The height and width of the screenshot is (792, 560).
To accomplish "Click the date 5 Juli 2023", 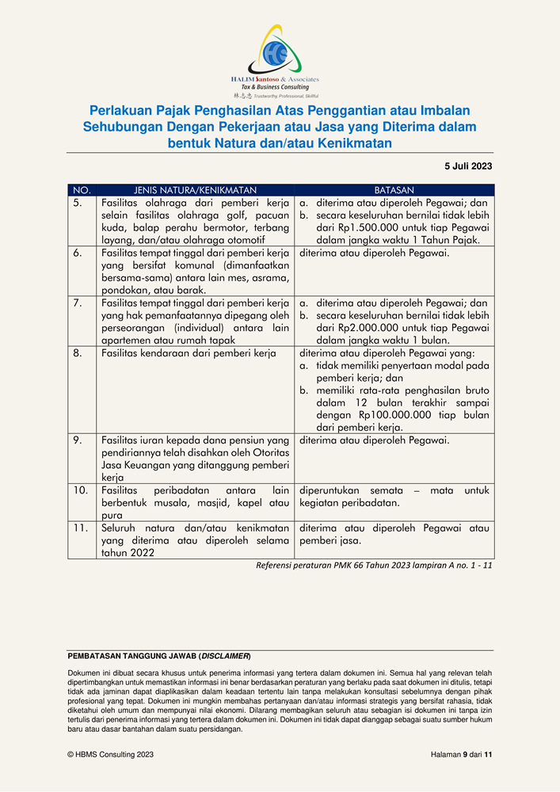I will (x=468, y=166).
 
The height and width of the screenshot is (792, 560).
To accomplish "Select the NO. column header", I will (x=82, y=191).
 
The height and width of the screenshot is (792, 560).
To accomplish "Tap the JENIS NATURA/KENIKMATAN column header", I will (x=195, y=191).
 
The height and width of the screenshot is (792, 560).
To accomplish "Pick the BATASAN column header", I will (x=394, y=191).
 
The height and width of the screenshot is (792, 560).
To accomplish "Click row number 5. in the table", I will (x=78, y=203).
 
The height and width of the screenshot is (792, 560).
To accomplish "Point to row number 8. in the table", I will (x=78, y=353).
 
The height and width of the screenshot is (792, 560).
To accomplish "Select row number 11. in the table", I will (x=80, y=527).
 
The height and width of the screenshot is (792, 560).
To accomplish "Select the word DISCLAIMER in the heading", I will (x=225, y=657).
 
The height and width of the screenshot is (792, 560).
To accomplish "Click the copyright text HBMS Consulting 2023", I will (x=111, y=755).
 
